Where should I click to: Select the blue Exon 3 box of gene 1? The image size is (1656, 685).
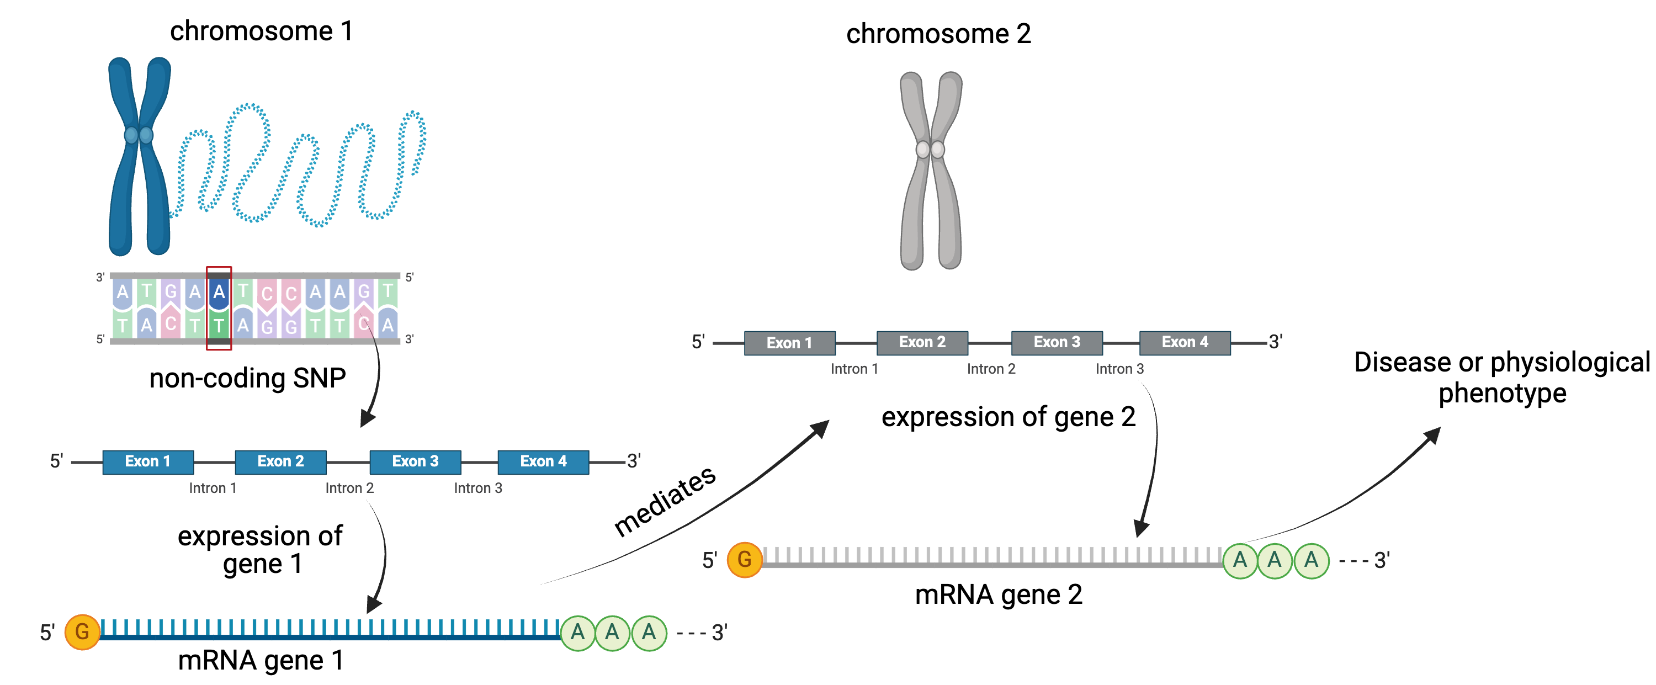point(415,461)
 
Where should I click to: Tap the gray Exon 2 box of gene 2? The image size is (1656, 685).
point(922,342)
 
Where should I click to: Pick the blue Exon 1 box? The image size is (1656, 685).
point(148,461)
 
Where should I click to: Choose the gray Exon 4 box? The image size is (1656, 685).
point(1185,342)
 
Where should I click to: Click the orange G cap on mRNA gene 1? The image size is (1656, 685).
point(82,631)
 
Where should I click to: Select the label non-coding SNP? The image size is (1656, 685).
point(247,378)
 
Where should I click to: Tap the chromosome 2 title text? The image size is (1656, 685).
point(938,34)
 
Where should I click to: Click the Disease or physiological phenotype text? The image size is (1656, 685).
point(1501,377)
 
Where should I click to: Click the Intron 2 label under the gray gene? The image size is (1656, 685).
point(991,369)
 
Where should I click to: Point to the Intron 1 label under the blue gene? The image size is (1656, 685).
point(213,488)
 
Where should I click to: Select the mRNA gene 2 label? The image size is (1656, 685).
point(999,594)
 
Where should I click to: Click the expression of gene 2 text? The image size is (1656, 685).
point(1008,417)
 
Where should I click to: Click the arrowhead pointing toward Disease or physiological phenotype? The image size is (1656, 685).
point(1432,435)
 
